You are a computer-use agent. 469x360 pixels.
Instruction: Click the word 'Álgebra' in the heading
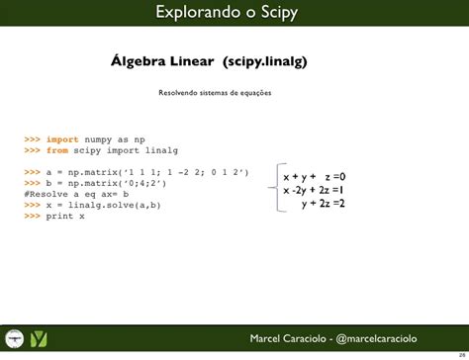pyautogui.click(x=141, y=61)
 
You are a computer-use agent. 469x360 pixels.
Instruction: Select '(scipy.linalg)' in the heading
pyautogui.click(x=265, y=61)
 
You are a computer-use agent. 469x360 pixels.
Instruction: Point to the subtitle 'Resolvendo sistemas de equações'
pyautogui.click(x=215, y=93)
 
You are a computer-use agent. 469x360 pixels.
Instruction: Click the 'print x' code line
pyautogui.click(x=54, y=216)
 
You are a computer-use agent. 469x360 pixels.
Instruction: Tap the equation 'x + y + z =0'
pyautogui.click(x=314, y=176)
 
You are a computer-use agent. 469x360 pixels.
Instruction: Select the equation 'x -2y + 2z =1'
pyautogui.click(x=314, y=190)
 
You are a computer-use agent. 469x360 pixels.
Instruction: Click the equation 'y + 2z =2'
pyautogui.click(x=324, y=204)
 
